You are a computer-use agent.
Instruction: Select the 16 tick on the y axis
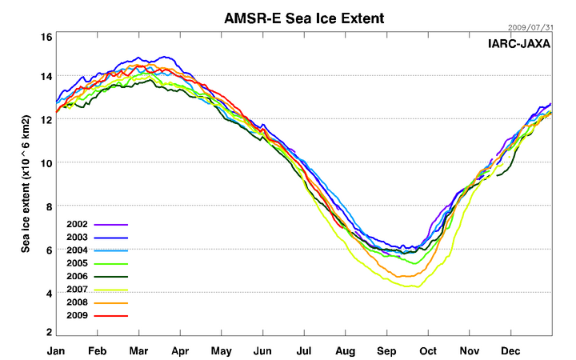click(46, 38)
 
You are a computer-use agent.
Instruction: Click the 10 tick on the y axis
click(46, 163)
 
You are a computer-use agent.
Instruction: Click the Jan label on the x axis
click(56, 350)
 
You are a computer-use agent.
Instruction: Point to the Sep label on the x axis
click(386, 350)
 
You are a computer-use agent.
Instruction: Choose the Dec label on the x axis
click(510, 350)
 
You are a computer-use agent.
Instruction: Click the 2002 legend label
click(78, 226)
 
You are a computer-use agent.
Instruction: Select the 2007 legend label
click(78, 290)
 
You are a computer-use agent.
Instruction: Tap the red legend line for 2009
click(111, 315)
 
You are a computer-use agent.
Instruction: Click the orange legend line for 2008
click(111, 302)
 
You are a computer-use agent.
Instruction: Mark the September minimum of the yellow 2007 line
click(413, 286)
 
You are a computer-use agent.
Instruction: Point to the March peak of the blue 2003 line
click(166, 57)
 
